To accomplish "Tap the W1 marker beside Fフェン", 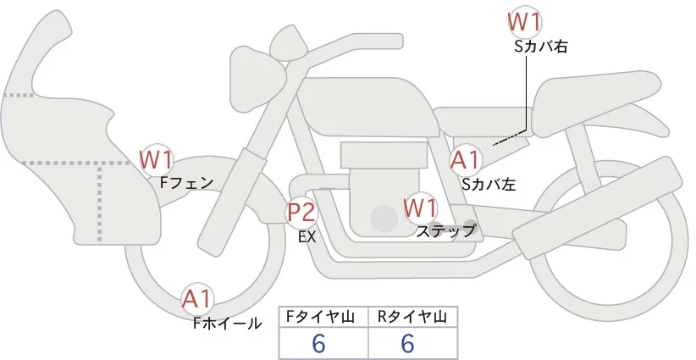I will [x=157, y=158].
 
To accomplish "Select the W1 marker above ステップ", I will [x=420, y=207].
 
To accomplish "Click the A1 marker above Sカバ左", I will [x=465, y=159].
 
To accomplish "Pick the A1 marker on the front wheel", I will [x=198, y=298].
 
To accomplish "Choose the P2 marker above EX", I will [x=302, y=212].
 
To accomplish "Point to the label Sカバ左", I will [x=489, y=182].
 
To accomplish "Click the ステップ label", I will [x=446, y=230].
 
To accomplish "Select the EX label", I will [x=307, y=237].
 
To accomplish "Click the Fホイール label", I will [x=227, y=323].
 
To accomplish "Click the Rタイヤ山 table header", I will [x=412, y=317].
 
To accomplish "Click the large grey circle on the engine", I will [x=384, y=219].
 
